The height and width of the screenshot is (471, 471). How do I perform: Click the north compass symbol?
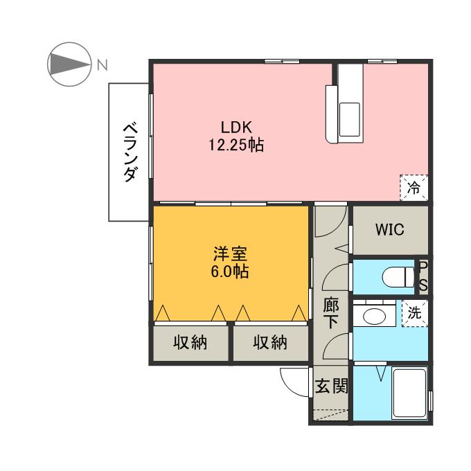click(68, 66)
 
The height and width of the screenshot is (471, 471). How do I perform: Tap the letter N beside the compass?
click(102, 66)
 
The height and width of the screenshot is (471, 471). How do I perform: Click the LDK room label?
click(235, 127)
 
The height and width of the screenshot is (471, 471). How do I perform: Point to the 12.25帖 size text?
click(235, 145)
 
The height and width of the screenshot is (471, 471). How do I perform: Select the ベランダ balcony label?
click(129, 152)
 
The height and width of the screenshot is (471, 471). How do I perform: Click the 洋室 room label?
click(229, 254)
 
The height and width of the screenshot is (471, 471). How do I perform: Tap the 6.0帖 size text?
click(229, 272)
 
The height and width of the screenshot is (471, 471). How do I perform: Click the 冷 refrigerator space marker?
click(414, 187)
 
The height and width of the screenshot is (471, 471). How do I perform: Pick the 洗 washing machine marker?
click(414, 312)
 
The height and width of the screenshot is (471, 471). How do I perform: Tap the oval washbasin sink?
click(375, 317)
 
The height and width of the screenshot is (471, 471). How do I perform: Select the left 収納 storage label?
click(190, 343)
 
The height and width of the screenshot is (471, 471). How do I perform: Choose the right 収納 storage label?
click(270, 343)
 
